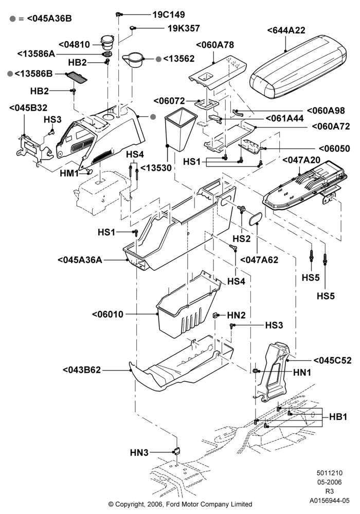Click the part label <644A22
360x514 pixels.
click(x=286, y=30)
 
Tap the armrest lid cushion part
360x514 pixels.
click(x=298, y=66)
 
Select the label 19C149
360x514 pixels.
click(x=169, y=15)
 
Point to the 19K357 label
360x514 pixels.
click(x=184, y=28)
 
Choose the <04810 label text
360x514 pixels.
click(x=74, y=45)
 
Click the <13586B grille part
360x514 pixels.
click(x=77, y=78)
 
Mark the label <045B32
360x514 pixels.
click(x=28, y=108)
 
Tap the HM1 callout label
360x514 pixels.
click(x=69, y=173)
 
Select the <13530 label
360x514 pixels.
click(x=156, y=168)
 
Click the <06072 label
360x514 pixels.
click(x=169, y=101)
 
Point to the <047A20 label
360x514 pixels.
click(x=301, y=160)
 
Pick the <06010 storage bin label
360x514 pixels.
click(x=107, y=315)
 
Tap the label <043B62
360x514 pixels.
click(x=82, y=370)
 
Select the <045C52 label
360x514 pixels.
click(x=332, y=361)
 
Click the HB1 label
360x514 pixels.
click(x=338, y=417)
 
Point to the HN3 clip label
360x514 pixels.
click(x=139, y=453)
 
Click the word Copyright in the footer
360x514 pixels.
click(x=129, y=504)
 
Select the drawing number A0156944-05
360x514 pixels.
click(x=330, y=501)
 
